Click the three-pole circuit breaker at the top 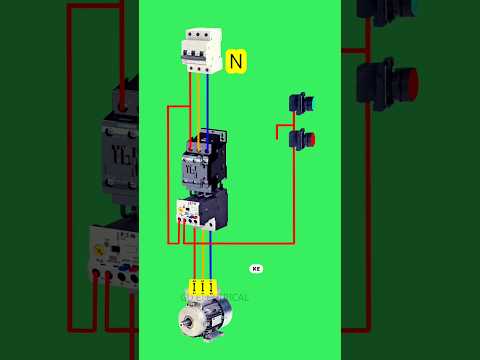pyautogui.click(x=200, y=50)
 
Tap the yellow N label pyautogui.click(x=236, y=62)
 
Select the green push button pyautogui.click(x=298, y=102)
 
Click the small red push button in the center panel pyautogui.click(x=301, y=139)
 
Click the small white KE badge pyautogui.click(x=256, y=269)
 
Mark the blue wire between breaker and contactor pyautogui.click(x=208, y=105)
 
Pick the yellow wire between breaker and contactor pyautogui.click(x=199, y=105)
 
